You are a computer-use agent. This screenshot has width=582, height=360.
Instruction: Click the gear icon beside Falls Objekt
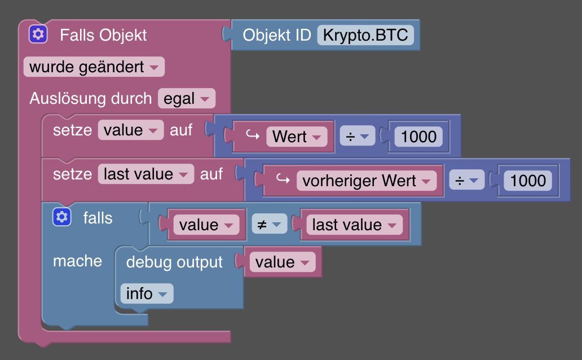click(x=38, y=34)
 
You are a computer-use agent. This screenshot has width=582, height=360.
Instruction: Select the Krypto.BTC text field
click(x=365, y=35)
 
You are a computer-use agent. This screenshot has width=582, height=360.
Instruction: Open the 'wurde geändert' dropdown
click(x=94, y=67)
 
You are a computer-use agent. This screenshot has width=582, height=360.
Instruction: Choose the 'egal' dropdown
click(x=187, y=99)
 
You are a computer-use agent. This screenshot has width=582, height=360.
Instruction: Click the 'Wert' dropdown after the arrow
click(x=297, y=137)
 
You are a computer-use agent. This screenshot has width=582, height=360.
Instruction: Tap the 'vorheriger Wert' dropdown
click(x=367, y=181)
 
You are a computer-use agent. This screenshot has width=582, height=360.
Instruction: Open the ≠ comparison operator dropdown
click(x=269, y=225)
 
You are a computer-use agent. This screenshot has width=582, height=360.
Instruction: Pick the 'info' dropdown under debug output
click(x=146, y=293)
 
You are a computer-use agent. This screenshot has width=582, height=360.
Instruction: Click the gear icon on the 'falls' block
click(x=61, y=217)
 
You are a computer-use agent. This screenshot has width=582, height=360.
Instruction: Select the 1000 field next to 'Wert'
click(x=418, y=137)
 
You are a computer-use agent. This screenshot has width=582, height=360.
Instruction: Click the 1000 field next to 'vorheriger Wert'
click(x=528, y=181)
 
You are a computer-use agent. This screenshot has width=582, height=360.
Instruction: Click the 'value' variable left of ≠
click(x=206, y=225)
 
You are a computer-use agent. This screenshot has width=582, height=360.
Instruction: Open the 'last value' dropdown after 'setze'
click(x=145, y=174)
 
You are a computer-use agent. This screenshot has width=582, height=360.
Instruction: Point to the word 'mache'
click(x=77, y=261)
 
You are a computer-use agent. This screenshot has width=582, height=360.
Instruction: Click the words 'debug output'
click(x=174, y=262)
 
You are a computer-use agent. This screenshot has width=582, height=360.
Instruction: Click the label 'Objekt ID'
click(x=277, y=35)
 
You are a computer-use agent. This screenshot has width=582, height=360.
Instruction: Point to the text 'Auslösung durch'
click(x=90, y=99)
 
